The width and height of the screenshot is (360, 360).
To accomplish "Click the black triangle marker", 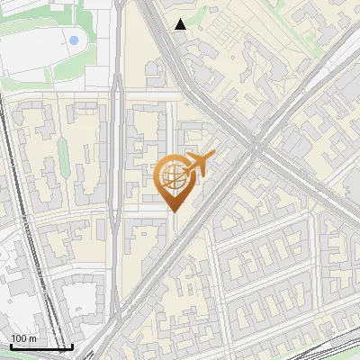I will (x=181, y=24).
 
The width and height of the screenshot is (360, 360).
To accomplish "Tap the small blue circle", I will (x=73, y=40).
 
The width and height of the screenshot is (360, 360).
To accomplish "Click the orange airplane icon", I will (x=200, y=164).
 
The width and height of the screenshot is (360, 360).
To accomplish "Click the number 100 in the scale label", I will (x=18, y=338).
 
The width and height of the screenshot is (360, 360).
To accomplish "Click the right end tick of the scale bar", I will (x=72, y=346).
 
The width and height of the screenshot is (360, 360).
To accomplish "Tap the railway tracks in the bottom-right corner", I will (x=333, y=351).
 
